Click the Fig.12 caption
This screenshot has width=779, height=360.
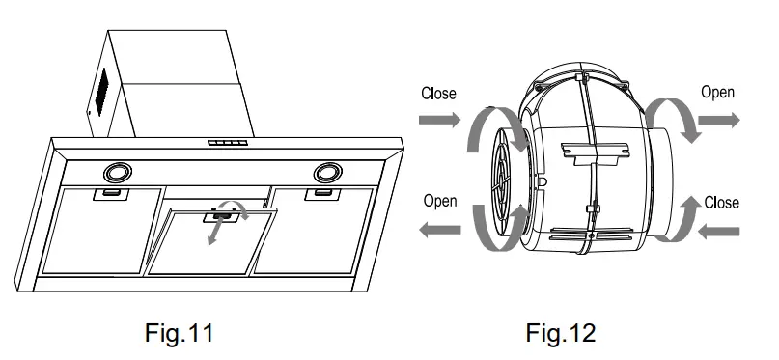[x=560, y=334]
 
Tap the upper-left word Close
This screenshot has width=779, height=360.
[x=439, y=95]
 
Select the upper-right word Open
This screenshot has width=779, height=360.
[x=717, y=93]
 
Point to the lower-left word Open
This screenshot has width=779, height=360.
[x=440, y=201]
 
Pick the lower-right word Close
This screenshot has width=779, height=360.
[x=721, y=203]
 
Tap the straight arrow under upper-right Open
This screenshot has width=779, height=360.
[x=718, y=121]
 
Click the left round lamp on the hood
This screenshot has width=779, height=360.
[x=120, y=173]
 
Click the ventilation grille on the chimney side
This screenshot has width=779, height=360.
[x=99, y=96]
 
